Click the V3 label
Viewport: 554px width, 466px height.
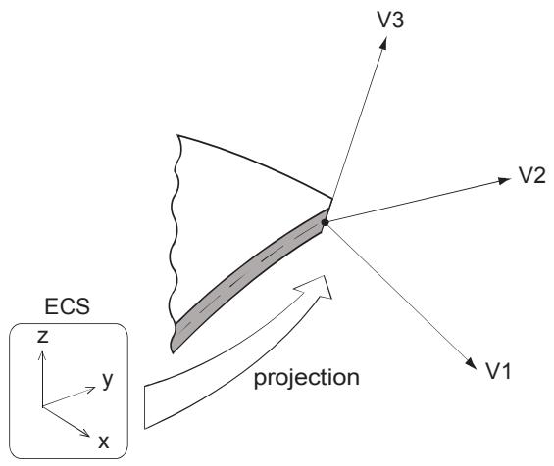coord(390,20)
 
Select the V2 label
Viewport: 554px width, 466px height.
coord(532,175)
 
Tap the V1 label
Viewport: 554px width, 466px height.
coord(498,371)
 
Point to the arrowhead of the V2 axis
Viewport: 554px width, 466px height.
coord(505,180)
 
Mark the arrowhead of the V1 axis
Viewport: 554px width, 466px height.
coord(472,364)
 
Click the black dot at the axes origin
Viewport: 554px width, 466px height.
coord(325,222)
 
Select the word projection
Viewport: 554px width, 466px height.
coord(306,378)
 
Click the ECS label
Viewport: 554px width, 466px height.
coord(67,306)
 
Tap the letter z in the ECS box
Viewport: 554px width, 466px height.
coord(42,337)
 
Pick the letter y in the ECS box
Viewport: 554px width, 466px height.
coord(108,380)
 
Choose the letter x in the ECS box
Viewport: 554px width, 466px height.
coord(104,442)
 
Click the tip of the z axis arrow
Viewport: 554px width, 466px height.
coord(42,351)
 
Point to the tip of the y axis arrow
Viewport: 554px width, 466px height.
coord(95,388)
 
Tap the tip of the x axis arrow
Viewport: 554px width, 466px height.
coord(90,437)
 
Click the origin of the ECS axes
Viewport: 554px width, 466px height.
coord(42,406)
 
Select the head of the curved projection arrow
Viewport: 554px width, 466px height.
coord(318,288)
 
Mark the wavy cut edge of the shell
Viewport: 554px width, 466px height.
coord(174,229)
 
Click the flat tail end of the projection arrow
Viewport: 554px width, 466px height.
coord(145,407)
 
